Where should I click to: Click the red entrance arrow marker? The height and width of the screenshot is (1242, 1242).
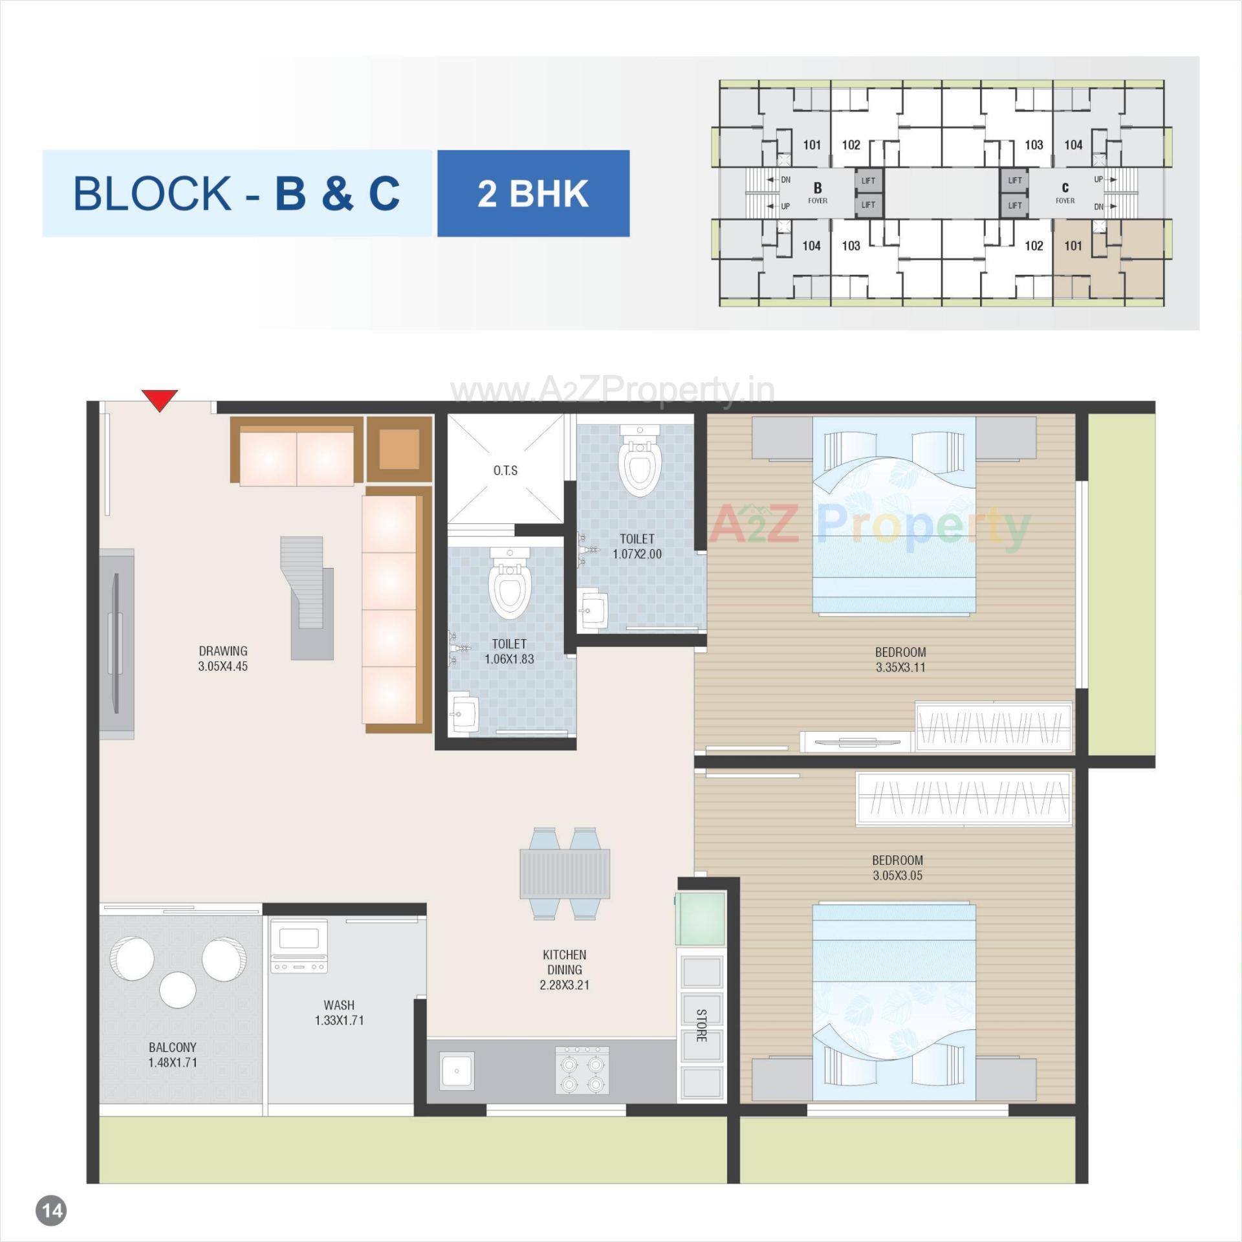coord(160,400)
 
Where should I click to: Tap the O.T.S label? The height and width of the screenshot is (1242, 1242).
coord(505,470)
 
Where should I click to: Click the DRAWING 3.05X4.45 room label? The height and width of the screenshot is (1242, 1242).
coord(223,659)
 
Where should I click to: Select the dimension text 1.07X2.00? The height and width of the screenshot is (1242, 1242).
coord(637,554)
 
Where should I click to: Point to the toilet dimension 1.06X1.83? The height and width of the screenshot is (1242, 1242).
coord(509,659)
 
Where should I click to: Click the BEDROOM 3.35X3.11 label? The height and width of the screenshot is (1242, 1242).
coord(900,660)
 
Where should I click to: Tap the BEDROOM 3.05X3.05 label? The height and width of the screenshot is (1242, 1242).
coord(897,867)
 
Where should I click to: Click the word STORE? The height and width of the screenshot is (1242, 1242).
coord(701,1025)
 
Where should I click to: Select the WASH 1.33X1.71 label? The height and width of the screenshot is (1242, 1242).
coord(339,1012)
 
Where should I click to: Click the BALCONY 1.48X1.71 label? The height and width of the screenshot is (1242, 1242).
coord(172,1054)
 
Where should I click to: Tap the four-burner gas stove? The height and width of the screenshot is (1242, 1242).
coord(582,1071)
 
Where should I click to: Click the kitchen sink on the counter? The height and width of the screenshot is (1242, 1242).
coord(457,1071)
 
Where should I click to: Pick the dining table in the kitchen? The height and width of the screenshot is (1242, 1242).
coord(564,873)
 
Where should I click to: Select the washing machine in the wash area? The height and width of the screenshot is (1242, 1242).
coord(299,946)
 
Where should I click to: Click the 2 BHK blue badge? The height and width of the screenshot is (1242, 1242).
coord(533,193)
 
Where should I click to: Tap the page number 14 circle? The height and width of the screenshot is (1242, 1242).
coord(52,1210)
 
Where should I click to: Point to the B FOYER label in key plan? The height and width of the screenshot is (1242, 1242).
coord(817,192)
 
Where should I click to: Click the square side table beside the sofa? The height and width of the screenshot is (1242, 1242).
coord(399,449)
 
